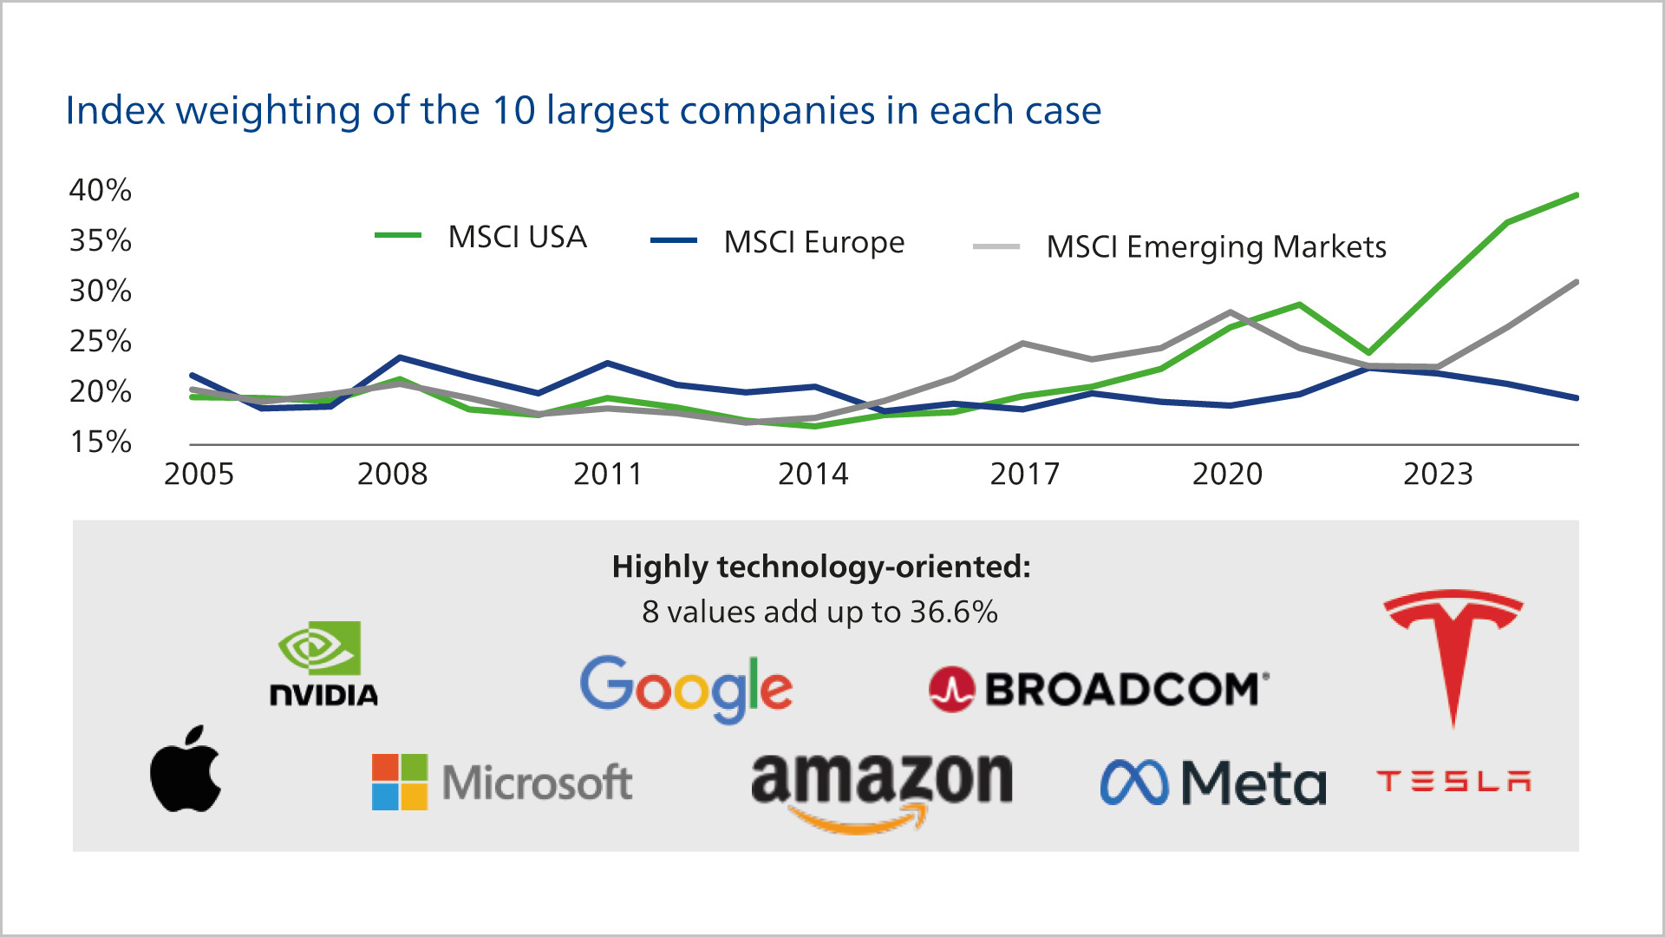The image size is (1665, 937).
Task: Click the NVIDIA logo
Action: point(323,664)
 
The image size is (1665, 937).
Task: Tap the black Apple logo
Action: point(186,770)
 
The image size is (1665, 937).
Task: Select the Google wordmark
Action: point(686,689)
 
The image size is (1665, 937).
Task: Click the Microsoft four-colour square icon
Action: point(400,782)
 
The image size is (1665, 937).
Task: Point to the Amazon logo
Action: point(881,790)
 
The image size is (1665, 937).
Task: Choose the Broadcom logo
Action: point(1099,690)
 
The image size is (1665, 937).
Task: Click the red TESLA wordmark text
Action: point(1453,782)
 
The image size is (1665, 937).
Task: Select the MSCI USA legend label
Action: point(518,237)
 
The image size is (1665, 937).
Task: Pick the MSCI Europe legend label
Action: point(814,242)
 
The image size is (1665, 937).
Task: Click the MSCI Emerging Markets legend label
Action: point(1216,247)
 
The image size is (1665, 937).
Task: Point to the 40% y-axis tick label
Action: point(101,190)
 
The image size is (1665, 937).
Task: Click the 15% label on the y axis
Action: point(101,442)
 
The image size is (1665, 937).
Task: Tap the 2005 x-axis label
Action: point(199,474)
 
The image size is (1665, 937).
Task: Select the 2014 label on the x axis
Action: point(813,474)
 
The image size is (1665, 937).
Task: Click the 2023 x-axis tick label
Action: point(1438,474)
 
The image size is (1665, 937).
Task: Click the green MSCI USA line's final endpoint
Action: point(1576,195)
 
